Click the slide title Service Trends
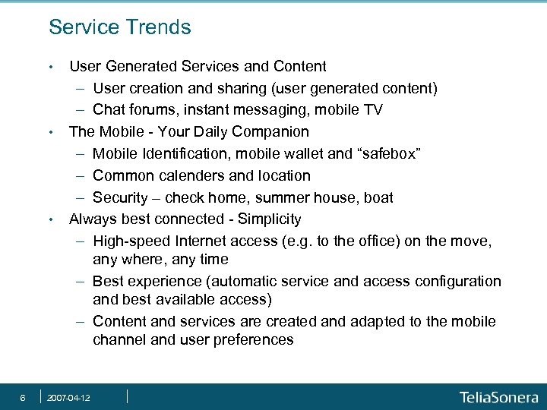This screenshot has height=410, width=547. click(119, 28)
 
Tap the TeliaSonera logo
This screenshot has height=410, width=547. click(498, 397)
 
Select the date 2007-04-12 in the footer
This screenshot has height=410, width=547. click(69, 398)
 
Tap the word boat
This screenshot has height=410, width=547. click(378, 197)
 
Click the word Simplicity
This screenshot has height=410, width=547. click(270, 219)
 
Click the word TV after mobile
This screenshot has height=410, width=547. click(372, 110)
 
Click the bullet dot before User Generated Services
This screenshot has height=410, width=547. click(50, 68)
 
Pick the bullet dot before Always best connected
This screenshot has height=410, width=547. click(50, 220)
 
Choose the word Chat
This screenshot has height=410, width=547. click(109, 110)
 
